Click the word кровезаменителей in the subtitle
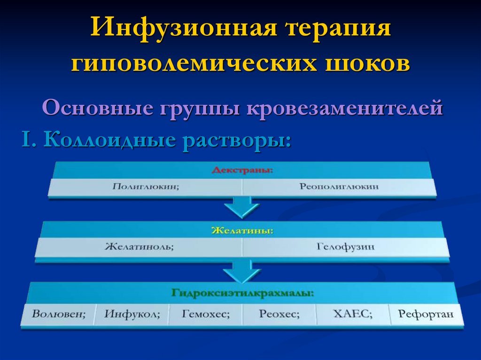click(345, 108)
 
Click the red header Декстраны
click(242, 170)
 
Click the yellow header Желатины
click(242, 231)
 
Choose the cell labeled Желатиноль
click(139, 247)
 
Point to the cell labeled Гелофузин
click(346, 247)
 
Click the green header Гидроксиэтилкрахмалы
click(242, 293)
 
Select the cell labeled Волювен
click(59, 314)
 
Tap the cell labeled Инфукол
click(132, 314)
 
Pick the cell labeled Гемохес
click(206, 314)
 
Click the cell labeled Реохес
click(279, 314)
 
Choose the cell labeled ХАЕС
click(352, 314)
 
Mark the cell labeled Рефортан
click(426, 314)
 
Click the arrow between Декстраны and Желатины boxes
click(241, 207)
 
